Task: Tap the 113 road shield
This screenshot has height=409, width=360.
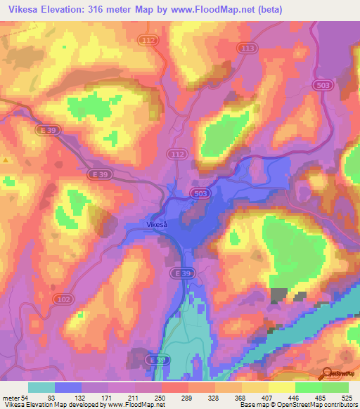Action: [x=247, y=48]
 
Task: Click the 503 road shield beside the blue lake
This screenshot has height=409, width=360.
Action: [x=199, y=193]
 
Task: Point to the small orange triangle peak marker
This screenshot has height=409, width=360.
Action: [x=6, y=160]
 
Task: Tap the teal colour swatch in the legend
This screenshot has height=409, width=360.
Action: [x=41, y=387]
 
